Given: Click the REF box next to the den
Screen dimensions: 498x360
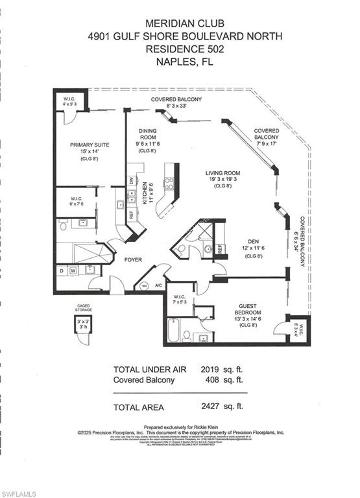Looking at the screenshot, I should [x=220, y=249].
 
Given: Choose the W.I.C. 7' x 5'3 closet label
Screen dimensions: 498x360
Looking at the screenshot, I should [x=179, y=300].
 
